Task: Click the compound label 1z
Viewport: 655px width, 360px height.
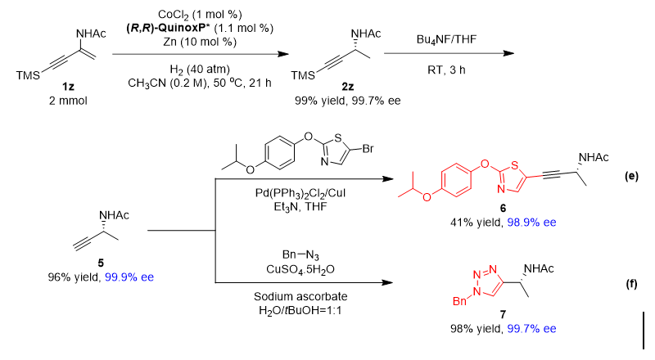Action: tap(68, 87)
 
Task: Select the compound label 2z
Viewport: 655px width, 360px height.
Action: tap(347, 87)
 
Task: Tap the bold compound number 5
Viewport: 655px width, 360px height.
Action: tap(101, 263)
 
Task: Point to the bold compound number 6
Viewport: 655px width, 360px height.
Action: tap(503, 208)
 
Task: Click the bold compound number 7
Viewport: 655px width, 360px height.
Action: tap(503, 314)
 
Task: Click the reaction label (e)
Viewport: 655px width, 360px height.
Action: tap(631, 176)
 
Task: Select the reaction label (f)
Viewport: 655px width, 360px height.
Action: tap(631, 285)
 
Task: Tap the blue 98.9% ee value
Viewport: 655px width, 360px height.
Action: tap(531, 223)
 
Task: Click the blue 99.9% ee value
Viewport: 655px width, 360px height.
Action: tap(129, 277)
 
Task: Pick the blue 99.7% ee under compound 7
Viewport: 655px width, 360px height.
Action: tap(531, 329)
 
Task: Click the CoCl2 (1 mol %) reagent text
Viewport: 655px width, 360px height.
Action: tap(200, 15)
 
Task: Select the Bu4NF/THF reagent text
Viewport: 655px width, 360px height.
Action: tap(446, 39)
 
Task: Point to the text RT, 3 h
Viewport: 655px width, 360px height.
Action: tap(446, 70)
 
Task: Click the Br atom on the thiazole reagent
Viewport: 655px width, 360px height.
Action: tap(368, 149)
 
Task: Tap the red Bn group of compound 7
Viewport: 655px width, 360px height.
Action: tap(459, 301)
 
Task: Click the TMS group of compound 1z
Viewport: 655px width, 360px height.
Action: tap(28, 75)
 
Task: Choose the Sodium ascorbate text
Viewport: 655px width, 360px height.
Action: tap(300, 296)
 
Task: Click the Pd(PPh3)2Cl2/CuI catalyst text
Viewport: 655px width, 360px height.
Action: tap(300, 194)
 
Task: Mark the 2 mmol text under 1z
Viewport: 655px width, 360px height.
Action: tap(68, 101)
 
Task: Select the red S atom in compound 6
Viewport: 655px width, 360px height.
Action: tap(515, 166)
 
